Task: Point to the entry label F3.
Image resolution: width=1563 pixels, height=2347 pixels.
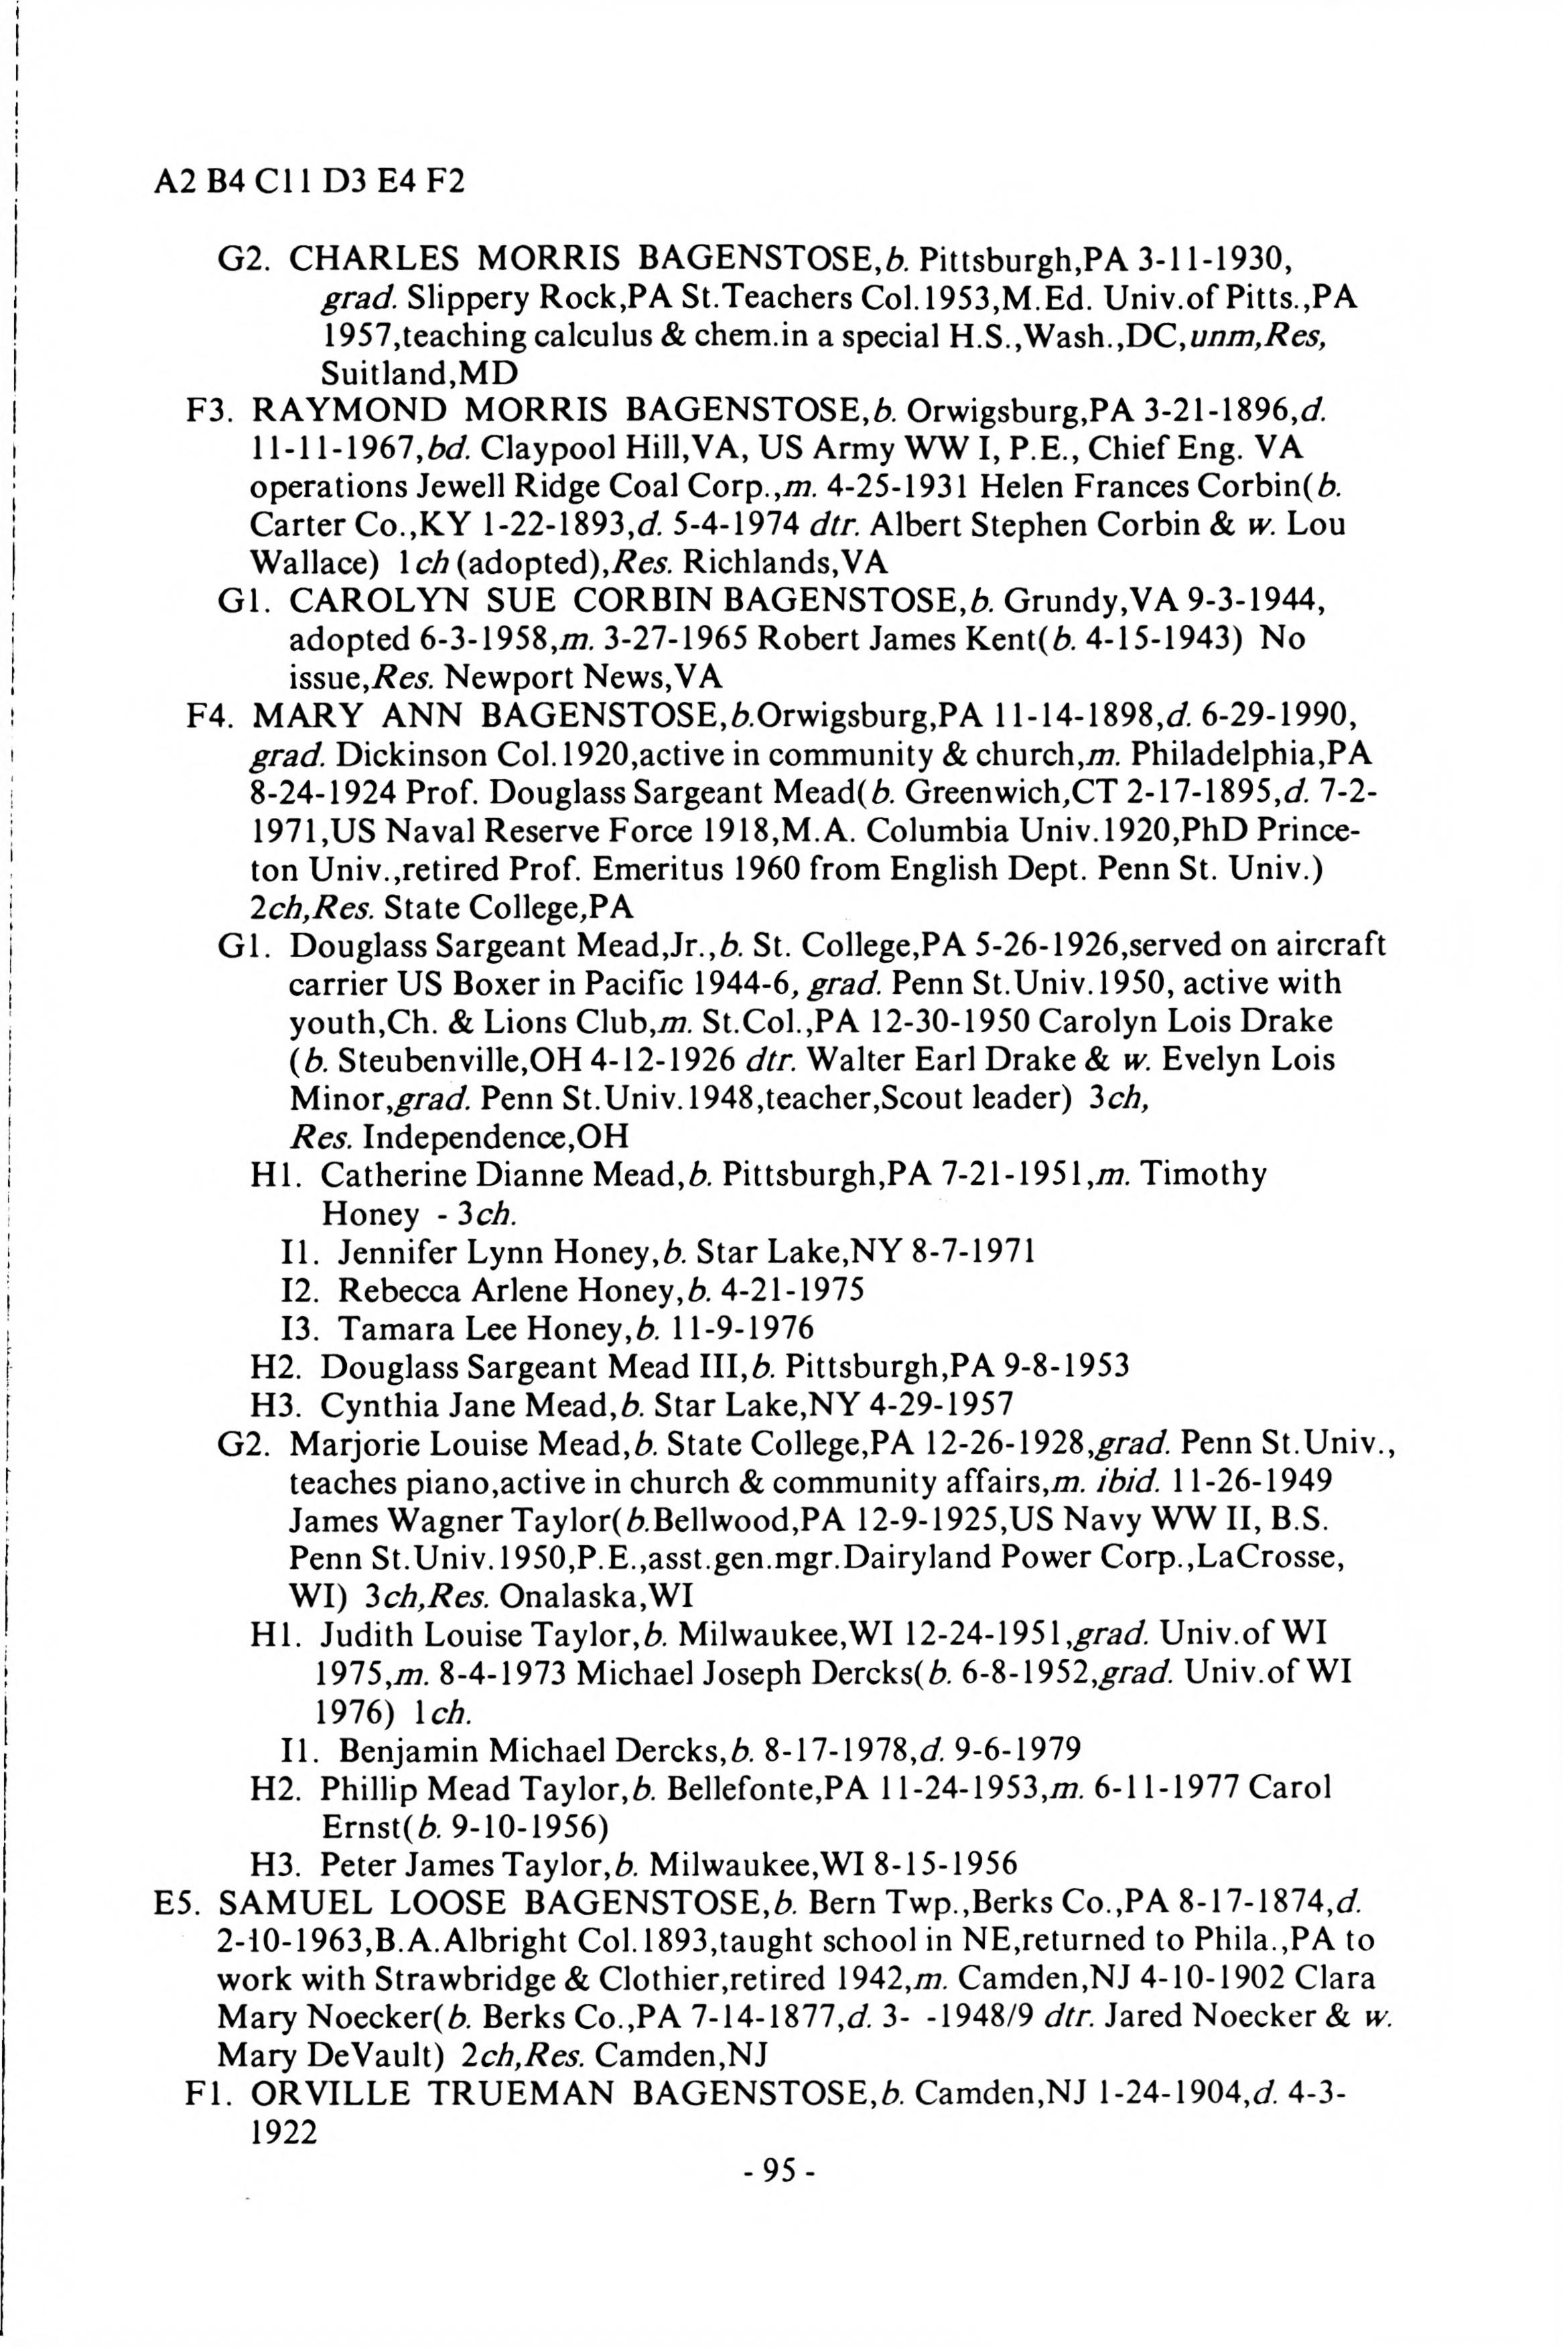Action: [x=208, y=411]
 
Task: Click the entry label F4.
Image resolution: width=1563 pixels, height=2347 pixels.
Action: [x=208, y=715]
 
